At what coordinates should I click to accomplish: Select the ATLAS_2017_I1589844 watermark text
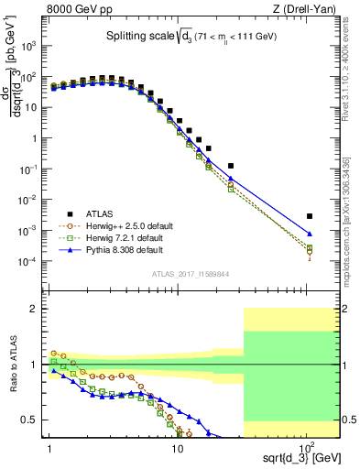point(191,272)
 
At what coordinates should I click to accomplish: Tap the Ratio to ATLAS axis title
point(12,365)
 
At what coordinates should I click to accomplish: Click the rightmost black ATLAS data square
point(310,216)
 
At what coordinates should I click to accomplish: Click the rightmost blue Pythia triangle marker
point(310,234)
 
